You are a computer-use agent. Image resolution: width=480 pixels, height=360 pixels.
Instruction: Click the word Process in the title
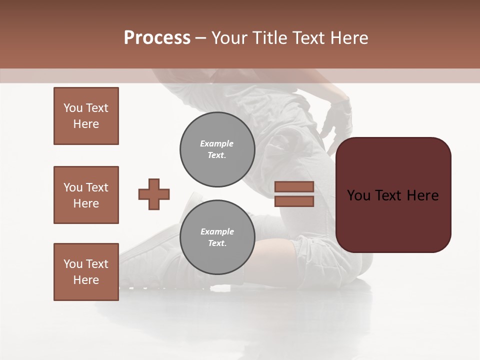click(x=157, y=38)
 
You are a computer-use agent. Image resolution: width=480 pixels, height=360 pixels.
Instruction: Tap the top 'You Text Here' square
click(x=86, y=116)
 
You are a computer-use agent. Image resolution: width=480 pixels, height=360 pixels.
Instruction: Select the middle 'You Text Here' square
click(x=86, y=195)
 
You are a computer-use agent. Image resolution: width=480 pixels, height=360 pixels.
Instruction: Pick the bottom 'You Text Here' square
click(x=86, y=272)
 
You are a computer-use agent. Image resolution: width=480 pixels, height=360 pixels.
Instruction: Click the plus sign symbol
click(x=154, y=194)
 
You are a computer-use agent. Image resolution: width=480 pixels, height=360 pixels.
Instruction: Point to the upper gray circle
click(x=217, y=149)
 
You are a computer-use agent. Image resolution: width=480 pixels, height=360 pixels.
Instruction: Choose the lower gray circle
click(x=217, y=237)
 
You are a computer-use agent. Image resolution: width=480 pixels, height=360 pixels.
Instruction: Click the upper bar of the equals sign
click(x=294, y=186)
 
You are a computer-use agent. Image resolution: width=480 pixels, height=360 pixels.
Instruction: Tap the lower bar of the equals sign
click(x=294, y=201)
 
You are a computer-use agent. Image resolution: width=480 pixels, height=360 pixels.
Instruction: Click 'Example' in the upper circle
click(x=217, y=143)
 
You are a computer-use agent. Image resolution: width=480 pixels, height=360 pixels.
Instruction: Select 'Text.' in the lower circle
click(x=217, y=243)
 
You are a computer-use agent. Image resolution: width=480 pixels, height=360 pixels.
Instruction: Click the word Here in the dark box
click(x=422, y=195)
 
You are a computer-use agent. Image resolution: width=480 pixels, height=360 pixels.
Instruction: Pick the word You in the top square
click(x=73, y=108)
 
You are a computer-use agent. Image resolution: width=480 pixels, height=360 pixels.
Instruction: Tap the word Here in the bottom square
click(x=86, y=280)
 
